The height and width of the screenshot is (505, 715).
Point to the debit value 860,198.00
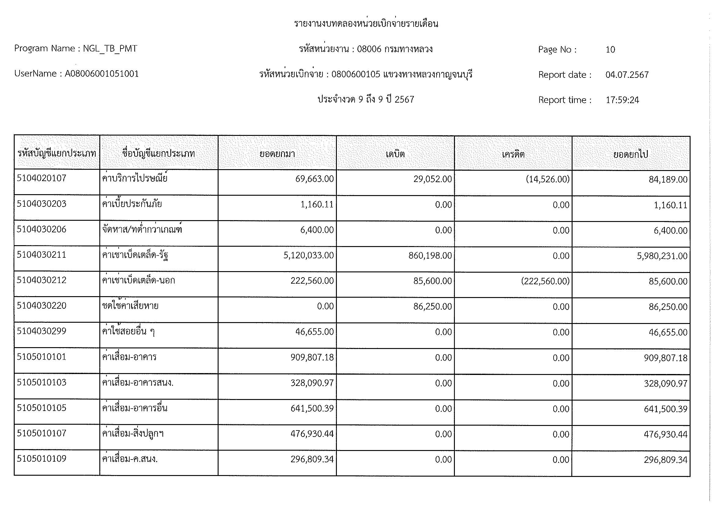430,256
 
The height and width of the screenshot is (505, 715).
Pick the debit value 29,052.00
433,179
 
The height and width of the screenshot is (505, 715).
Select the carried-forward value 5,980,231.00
662,256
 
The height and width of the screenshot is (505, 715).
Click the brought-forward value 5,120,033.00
308,256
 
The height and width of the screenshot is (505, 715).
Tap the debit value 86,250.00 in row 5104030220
433,307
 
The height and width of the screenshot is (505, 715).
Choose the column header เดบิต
395,154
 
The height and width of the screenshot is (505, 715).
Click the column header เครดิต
513,154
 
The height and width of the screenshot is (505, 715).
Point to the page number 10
610,49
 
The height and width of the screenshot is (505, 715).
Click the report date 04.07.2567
627,75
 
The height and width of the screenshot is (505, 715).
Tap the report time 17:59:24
622,100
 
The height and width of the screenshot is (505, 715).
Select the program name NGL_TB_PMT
110,49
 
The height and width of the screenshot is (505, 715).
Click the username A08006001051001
101,74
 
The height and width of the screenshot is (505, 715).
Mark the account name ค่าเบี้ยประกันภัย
132,204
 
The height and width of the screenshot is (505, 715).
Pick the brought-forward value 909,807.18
312,358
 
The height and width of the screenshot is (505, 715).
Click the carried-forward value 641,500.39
665,409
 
